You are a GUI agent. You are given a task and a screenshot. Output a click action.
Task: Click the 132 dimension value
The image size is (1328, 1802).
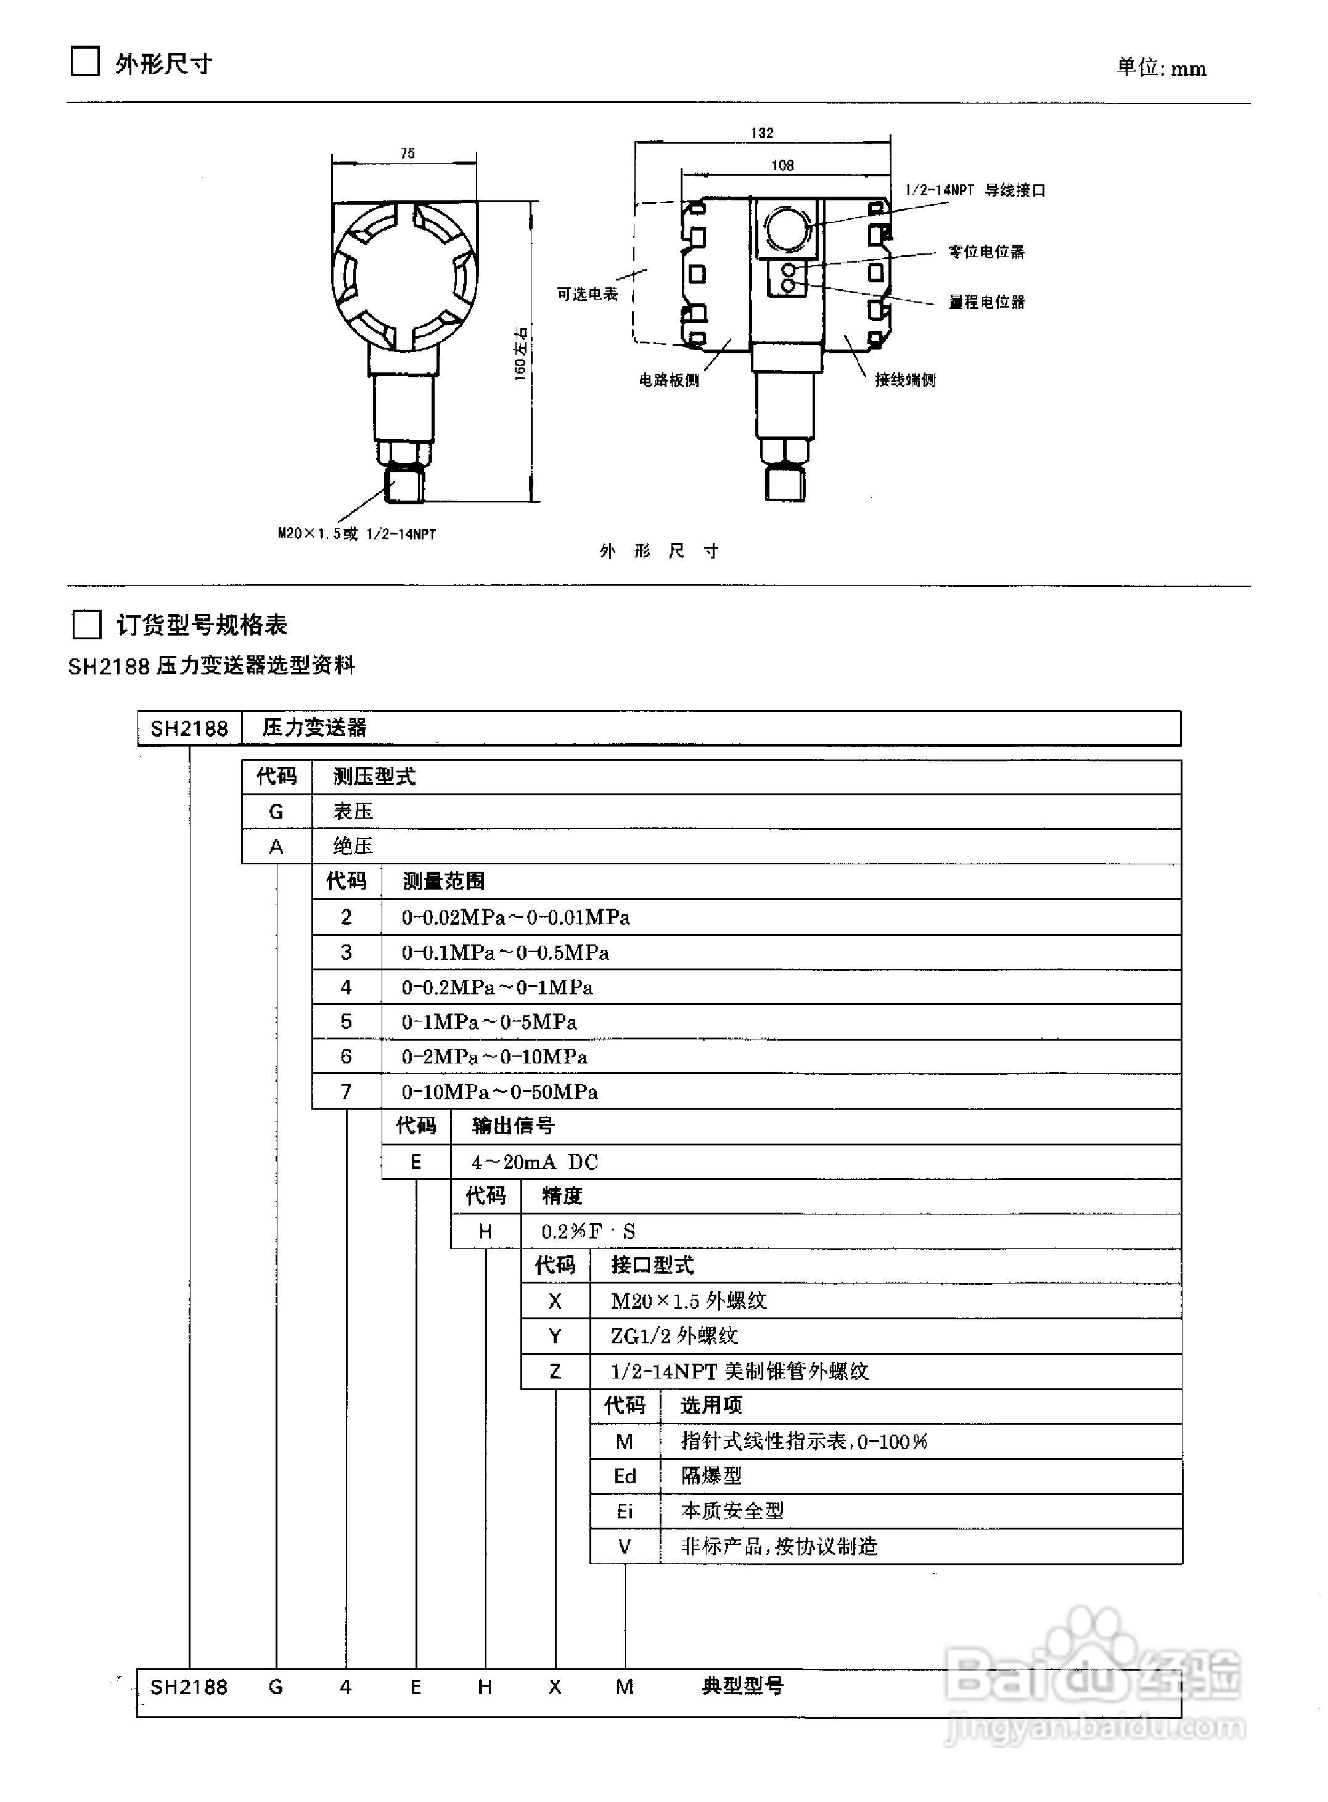point(761,133)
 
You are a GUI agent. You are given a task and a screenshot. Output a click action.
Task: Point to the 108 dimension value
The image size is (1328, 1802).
point(782,166)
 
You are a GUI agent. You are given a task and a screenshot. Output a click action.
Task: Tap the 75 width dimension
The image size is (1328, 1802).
point(408,153)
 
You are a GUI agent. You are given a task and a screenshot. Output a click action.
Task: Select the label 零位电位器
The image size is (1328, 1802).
point(986,252)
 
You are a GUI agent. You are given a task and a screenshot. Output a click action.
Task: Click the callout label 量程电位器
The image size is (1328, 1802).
point(986,302)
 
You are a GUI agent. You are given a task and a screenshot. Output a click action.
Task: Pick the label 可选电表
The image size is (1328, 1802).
point(588,294)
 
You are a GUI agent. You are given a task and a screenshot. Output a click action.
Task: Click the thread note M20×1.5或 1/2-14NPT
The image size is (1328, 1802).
point(357,534)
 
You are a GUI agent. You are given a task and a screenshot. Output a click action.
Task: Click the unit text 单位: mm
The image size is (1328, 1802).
point(1161,68)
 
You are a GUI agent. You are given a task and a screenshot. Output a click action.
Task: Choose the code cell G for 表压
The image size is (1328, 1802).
point(276,812)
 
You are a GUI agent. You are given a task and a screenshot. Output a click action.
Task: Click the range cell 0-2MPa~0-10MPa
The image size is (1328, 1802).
point(494,1057)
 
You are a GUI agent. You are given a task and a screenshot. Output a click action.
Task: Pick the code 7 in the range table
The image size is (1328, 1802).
point(346,1091)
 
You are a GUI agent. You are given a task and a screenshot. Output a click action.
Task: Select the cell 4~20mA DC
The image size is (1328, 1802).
point(535,1162)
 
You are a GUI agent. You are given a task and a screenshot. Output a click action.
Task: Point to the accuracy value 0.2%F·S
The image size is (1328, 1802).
point(588,1231)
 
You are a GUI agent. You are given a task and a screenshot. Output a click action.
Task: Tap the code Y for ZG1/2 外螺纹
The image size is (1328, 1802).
point(555,1336)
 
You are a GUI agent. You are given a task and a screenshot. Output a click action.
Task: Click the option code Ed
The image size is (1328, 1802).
point(625,1476)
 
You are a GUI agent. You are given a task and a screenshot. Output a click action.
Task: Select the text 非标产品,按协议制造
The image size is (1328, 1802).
point(779,1546)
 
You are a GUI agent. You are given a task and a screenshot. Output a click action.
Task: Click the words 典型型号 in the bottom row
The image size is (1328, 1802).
point(742,1685)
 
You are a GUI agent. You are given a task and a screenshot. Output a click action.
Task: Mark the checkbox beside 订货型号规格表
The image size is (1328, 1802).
point(86,625)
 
